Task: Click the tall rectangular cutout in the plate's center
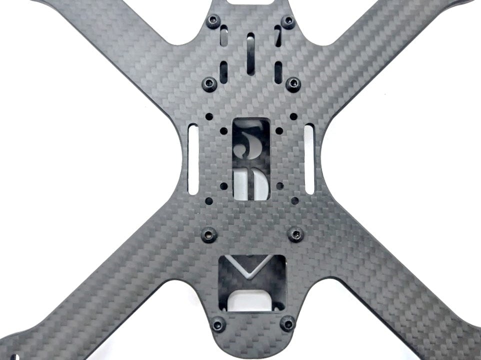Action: pyautogui.click(x=251, y=159)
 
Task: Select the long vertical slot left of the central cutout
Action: pyautogui.click(x=193, y=159)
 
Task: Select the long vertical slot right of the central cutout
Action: pyautogui.click(x=309, y=159)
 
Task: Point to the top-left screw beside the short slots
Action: pyautogui.click(x=213, y=21)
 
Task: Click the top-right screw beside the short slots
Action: pyautogui.click(x=288, y=21)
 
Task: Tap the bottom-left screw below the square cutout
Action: pyautogui.click(x=218, y=324)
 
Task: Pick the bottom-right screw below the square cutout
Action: pyautogui.click(x=287, y=324)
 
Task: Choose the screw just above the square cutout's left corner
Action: pyautogui.click(x=209, y=233)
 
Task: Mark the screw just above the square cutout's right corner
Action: pyautogui.click(x=296, y=233)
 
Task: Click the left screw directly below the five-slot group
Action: pyautogui.click(x=209, y=83)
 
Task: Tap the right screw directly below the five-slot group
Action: pyautogui.click(x=293, y=83)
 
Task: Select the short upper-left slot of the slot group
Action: pyautogui.click(x=224, y=36)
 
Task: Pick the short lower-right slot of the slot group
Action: pyautogui.click(x=278, y=72)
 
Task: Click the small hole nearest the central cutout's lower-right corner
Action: pyautogui.click(x=279, y=186)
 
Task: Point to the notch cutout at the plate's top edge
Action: pyautogui.click(x=250, y=2)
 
